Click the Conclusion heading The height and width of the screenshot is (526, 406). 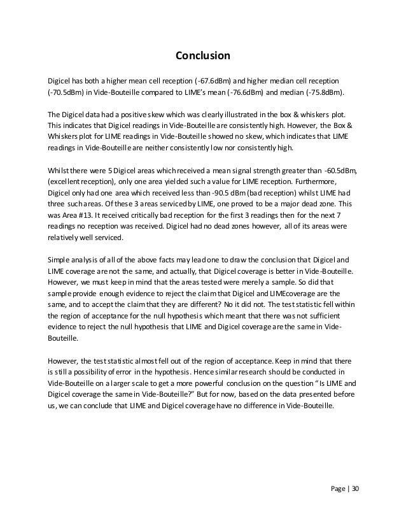202,57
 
